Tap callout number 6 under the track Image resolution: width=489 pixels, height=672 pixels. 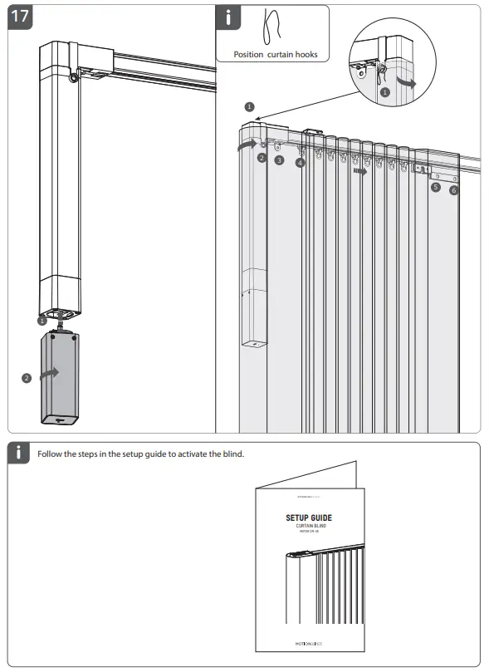(453, 190)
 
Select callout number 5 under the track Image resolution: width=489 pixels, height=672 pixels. (436, 188)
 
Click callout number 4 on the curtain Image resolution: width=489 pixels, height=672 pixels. (300, 163)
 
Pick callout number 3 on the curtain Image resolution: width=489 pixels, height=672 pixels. (279, 159)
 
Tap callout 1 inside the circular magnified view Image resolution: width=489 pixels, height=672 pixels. (384, 93)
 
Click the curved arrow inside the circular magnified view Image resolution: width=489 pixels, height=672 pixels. (405, 82)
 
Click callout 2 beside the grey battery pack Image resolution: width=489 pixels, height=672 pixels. (27, 378)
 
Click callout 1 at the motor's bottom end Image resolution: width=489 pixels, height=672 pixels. (42, 319)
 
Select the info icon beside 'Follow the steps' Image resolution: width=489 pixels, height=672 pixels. (19, 453)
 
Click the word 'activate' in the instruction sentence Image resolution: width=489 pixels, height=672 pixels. (196, 454)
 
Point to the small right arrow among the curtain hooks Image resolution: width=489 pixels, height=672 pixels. (359, 173)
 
